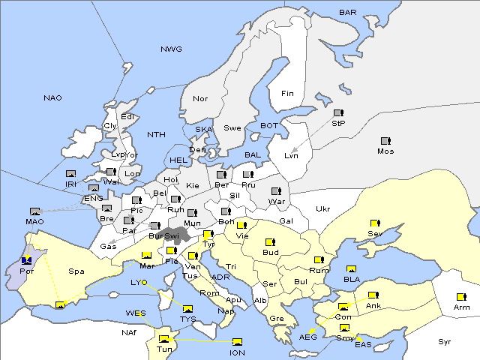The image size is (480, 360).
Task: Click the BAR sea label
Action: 348,12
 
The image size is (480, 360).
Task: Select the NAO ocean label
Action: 52,97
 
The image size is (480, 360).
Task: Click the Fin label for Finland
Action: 287,94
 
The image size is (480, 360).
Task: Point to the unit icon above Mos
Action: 385,141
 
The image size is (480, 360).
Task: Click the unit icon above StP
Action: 338,113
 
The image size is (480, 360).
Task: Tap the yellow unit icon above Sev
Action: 374,223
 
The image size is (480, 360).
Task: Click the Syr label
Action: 445,341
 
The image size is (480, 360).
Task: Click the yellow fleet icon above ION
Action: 238,342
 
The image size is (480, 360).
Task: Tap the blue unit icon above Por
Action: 27,260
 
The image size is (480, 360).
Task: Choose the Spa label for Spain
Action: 76,271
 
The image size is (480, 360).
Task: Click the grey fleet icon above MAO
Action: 34,211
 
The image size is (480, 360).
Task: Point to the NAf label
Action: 109,331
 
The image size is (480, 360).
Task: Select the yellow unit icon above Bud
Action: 270,242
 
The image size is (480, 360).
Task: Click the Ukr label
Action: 322,208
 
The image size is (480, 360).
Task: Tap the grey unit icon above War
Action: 276,190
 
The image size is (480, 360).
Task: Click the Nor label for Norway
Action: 200,99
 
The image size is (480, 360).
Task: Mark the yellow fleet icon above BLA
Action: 351,268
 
